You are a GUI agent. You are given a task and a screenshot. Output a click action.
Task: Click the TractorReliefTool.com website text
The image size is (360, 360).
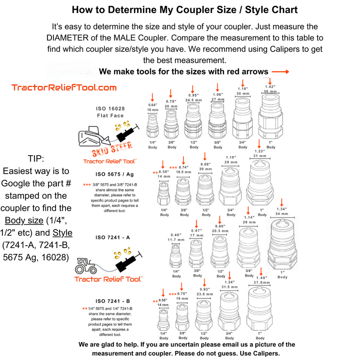(x=64, y=87)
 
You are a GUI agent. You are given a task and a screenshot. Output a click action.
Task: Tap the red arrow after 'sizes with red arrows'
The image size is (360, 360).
(x=280, y=72)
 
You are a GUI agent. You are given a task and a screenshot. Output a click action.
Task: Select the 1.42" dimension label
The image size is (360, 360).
(x=270, y=87)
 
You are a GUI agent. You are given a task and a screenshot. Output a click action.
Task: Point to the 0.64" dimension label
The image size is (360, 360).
(x=153, y=105)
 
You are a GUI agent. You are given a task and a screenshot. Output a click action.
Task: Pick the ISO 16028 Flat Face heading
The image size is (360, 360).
(x=110, y=112)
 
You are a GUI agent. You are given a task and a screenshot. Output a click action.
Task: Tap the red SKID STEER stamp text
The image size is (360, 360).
(x=112, y=149)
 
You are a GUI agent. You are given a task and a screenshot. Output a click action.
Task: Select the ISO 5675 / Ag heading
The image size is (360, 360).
(x=115, y=174)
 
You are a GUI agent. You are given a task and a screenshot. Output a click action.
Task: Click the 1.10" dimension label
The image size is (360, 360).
(x=231, y=157)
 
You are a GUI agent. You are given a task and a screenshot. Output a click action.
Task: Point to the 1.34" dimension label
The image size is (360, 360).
(x=282, y=209)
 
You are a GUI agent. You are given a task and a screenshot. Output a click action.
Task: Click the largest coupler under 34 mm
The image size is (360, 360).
(x=282, y=244)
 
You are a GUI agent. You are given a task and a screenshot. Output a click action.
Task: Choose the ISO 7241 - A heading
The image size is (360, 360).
(x=113, y=237)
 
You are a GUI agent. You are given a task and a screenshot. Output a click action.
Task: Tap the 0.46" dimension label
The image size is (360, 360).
(x=176, y=235)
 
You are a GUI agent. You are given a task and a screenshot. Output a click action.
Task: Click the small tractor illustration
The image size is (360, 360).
(x=85, y=266)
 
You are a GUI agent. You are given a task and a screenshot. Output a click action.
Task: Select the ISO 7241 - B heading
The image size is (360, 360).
(x=113, y=301)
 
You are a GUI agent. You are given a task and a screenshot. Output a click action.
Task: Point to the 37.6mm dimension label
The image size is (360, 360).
(x=262, y=283)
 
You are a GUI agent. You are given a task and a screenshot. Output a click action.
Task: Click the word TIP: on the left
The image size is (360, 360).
(x=36, y=159)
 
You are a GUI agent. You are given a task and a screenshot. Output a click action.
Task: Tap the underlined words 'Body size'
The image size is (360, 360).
(x=24, y=220)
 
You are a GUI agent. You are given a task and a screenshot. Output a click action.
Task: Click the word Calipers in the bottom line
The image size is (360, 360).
(x=265, y=353)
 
